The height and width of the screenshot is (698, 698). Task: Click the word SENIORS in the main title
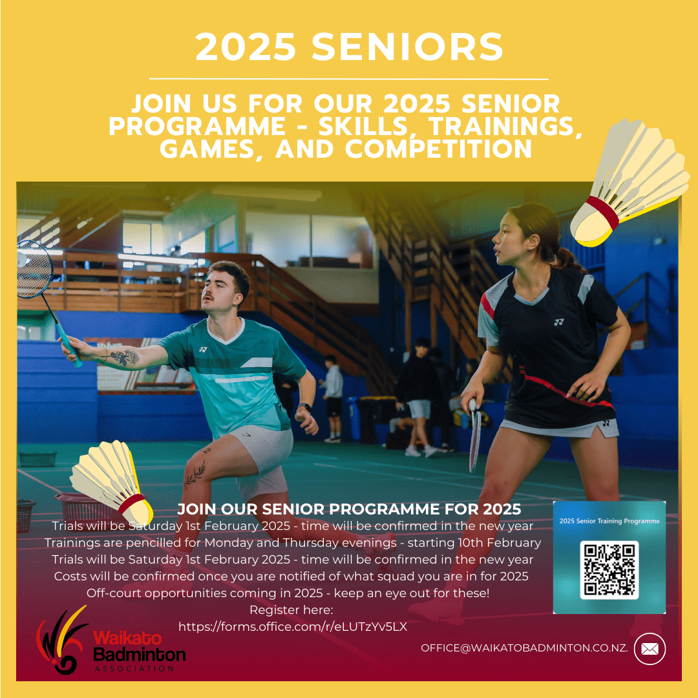coord(407,47)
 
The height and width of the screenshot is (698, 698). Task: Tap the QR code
coord(609,570)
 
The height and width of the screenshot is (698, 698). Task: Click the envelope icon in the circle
coord(650,649)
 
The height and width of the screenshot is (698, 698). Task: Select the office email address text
coord(524,648)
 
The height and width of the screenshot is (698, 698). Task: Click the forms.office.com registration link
coord(293,627)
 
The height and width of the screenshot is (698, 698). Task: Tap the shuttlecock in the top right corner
coord(629,182)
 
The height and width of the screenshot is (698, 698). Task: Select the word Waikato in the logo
coord(127,638)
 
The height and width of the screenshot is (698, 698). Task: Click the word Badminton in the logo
coord(140,654)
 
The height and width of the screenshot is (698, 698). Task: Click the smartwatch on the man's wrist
coord(305,407)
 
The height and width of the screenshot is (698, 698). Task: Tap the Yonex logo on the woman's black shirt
coord(558,322)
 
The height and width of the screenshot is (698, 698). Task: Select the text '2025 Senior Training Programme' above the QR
coord(609,521)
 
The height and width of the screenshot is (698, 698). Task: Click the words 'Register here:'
coord(291,610)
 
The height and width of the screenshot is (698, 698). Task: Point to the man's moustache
coord(208,296)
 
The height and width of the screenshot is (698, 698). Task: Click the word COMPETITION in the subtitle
coord(438,149)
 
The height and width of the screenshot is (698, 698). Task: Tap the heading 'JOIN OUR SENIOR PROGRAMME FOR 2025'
coord(349,509)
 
